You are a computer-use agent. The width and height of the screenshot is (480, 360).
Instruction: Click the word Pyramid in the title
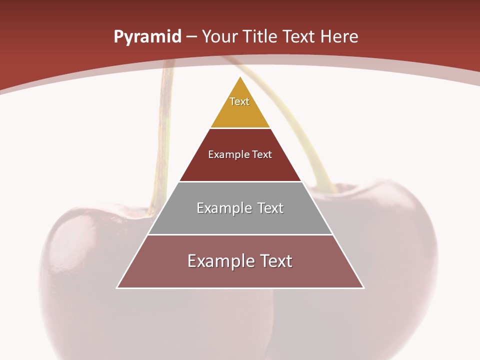147,37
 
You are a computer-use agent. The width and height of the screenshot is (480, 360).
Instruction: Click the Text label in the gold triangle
239,101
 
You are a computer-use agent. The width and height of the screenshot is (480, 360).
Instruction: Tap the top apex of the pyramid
240,77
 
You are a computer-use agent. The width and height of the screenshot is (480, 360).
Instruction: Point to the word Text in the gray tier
270,208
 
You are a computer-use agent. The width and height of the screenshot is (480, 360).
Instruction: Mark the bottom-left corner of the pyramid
117,288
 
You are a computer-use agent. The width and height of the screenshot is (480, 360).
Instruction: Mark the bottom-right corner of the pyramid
363,288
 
